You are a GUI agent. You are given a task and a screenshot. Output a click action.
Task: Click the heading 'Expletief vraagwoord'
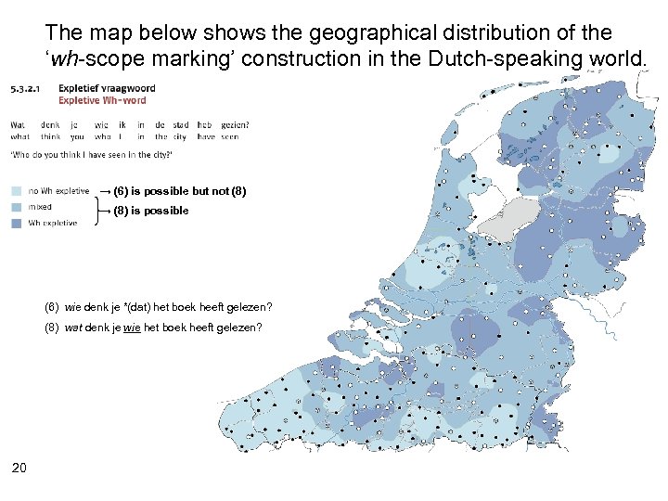tap(106, 89)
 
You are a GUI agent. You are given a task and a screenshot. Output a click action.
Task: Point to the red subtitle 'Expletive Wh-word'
tap(102, 100)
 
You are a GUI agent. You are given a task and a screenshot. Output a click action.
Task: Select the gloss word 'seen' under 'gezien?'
tap(229, 136)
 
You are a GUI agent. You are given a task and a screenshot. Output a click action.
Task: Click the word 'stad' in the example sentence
tap(180, 124)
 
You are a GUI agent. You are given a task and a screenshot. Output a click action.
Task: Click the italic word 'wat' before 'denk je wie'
tap(73, 328)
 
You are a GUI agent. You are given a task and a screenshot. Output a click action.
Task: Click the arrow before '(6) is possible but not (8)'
tap(105, 191)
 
